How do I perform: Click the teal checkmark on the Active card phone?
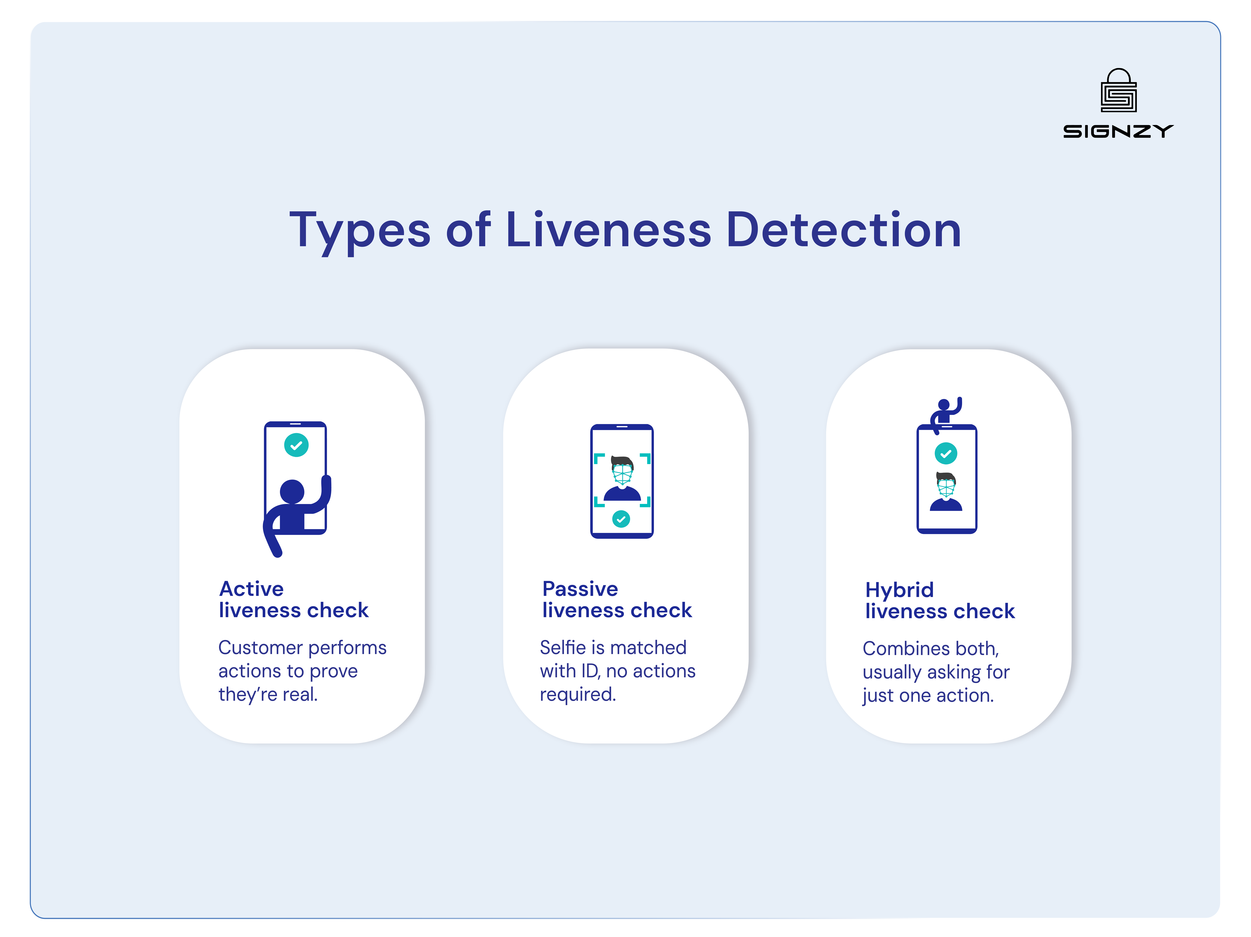click(x=296, y=445)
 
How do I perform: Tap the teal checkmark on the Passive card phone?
click(x=621, y=519)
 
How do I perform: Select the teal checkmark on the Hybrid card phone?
click(x=946, y=453)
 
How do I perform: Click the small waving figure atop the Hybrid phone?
click(x=946, y=413)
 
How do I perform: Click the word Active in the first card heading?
click(x=251, y=589)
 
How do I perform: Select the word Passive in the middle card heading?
click(x=580, y=589)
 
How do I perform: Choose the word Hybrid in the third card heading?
click(x=899, y=590)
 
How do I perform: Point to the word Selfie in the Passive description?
click(x=563, y=647)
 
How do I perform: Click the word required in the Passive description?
click(x=577, y=694)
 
